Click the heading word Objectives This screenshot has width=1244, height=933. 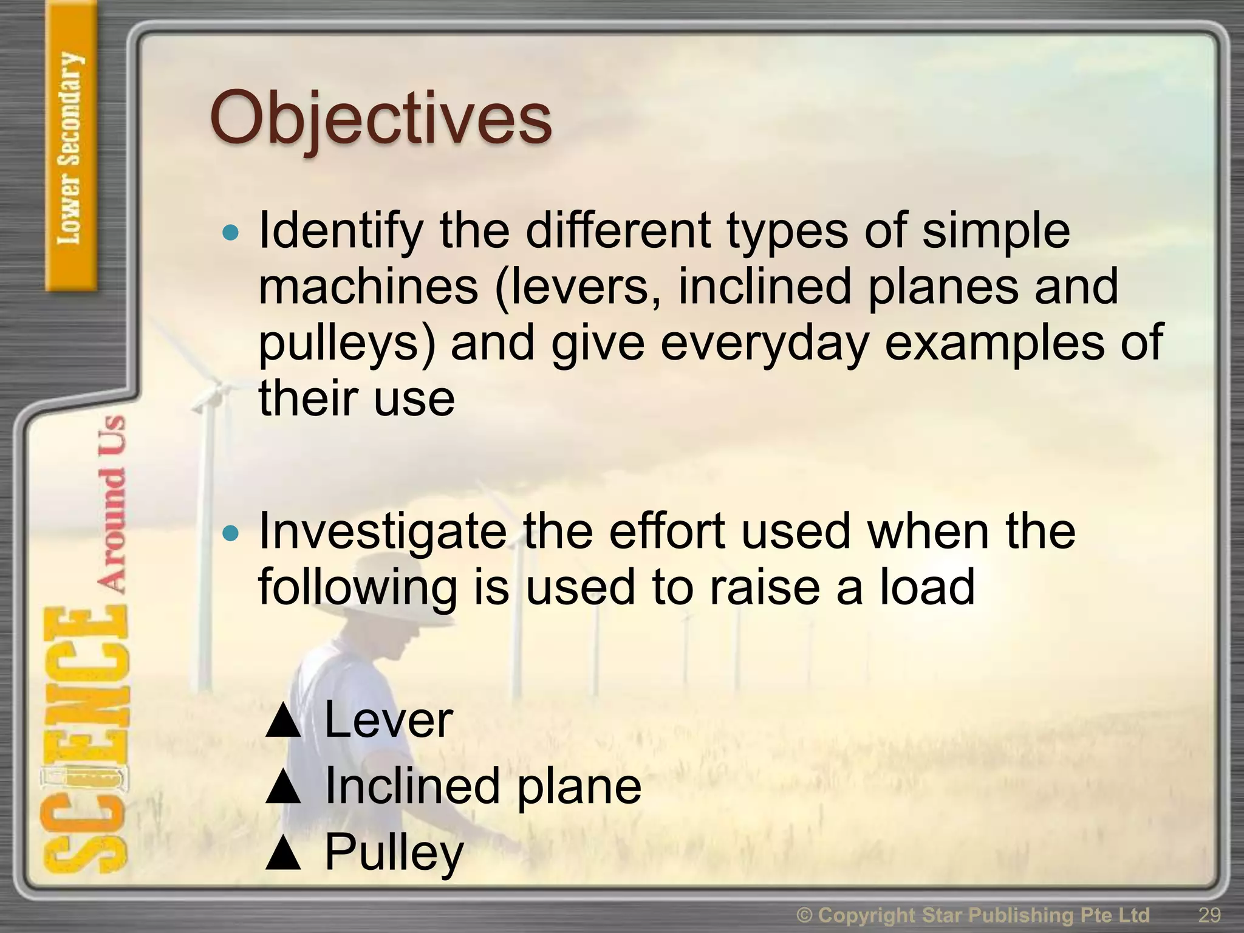[x=381, y=118]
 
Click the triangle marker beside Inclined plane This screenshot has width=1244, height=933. [x=283, y=788]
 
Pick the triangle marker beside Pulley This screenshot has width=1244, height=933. [x=283, y=853]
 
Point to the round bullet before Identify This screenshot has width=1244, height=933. [x=231, y=232]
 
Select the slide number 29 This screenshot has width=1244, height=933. [x=1209, y=915]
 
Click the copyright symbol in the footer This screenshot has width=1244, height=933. [x=805, y=915]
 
